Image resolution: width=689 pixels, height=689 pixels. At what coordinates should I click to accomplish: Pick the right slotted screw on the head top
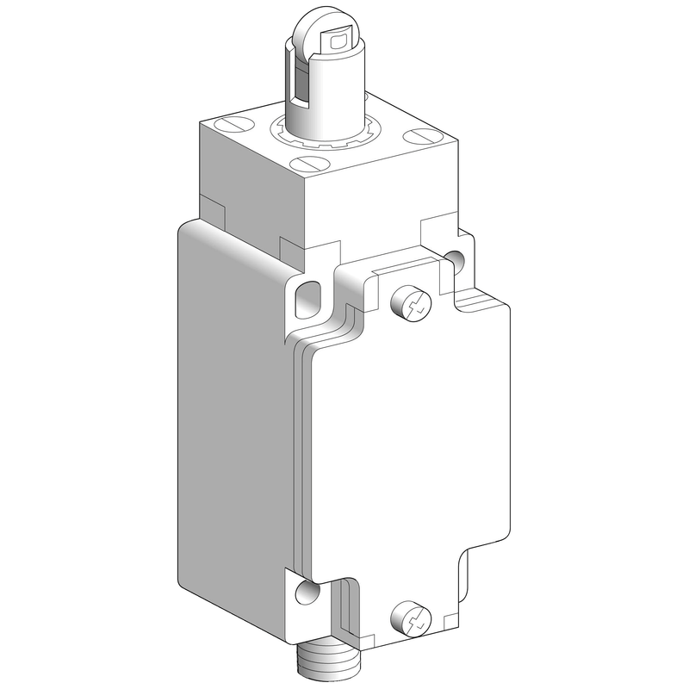(x=419, y=135)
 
